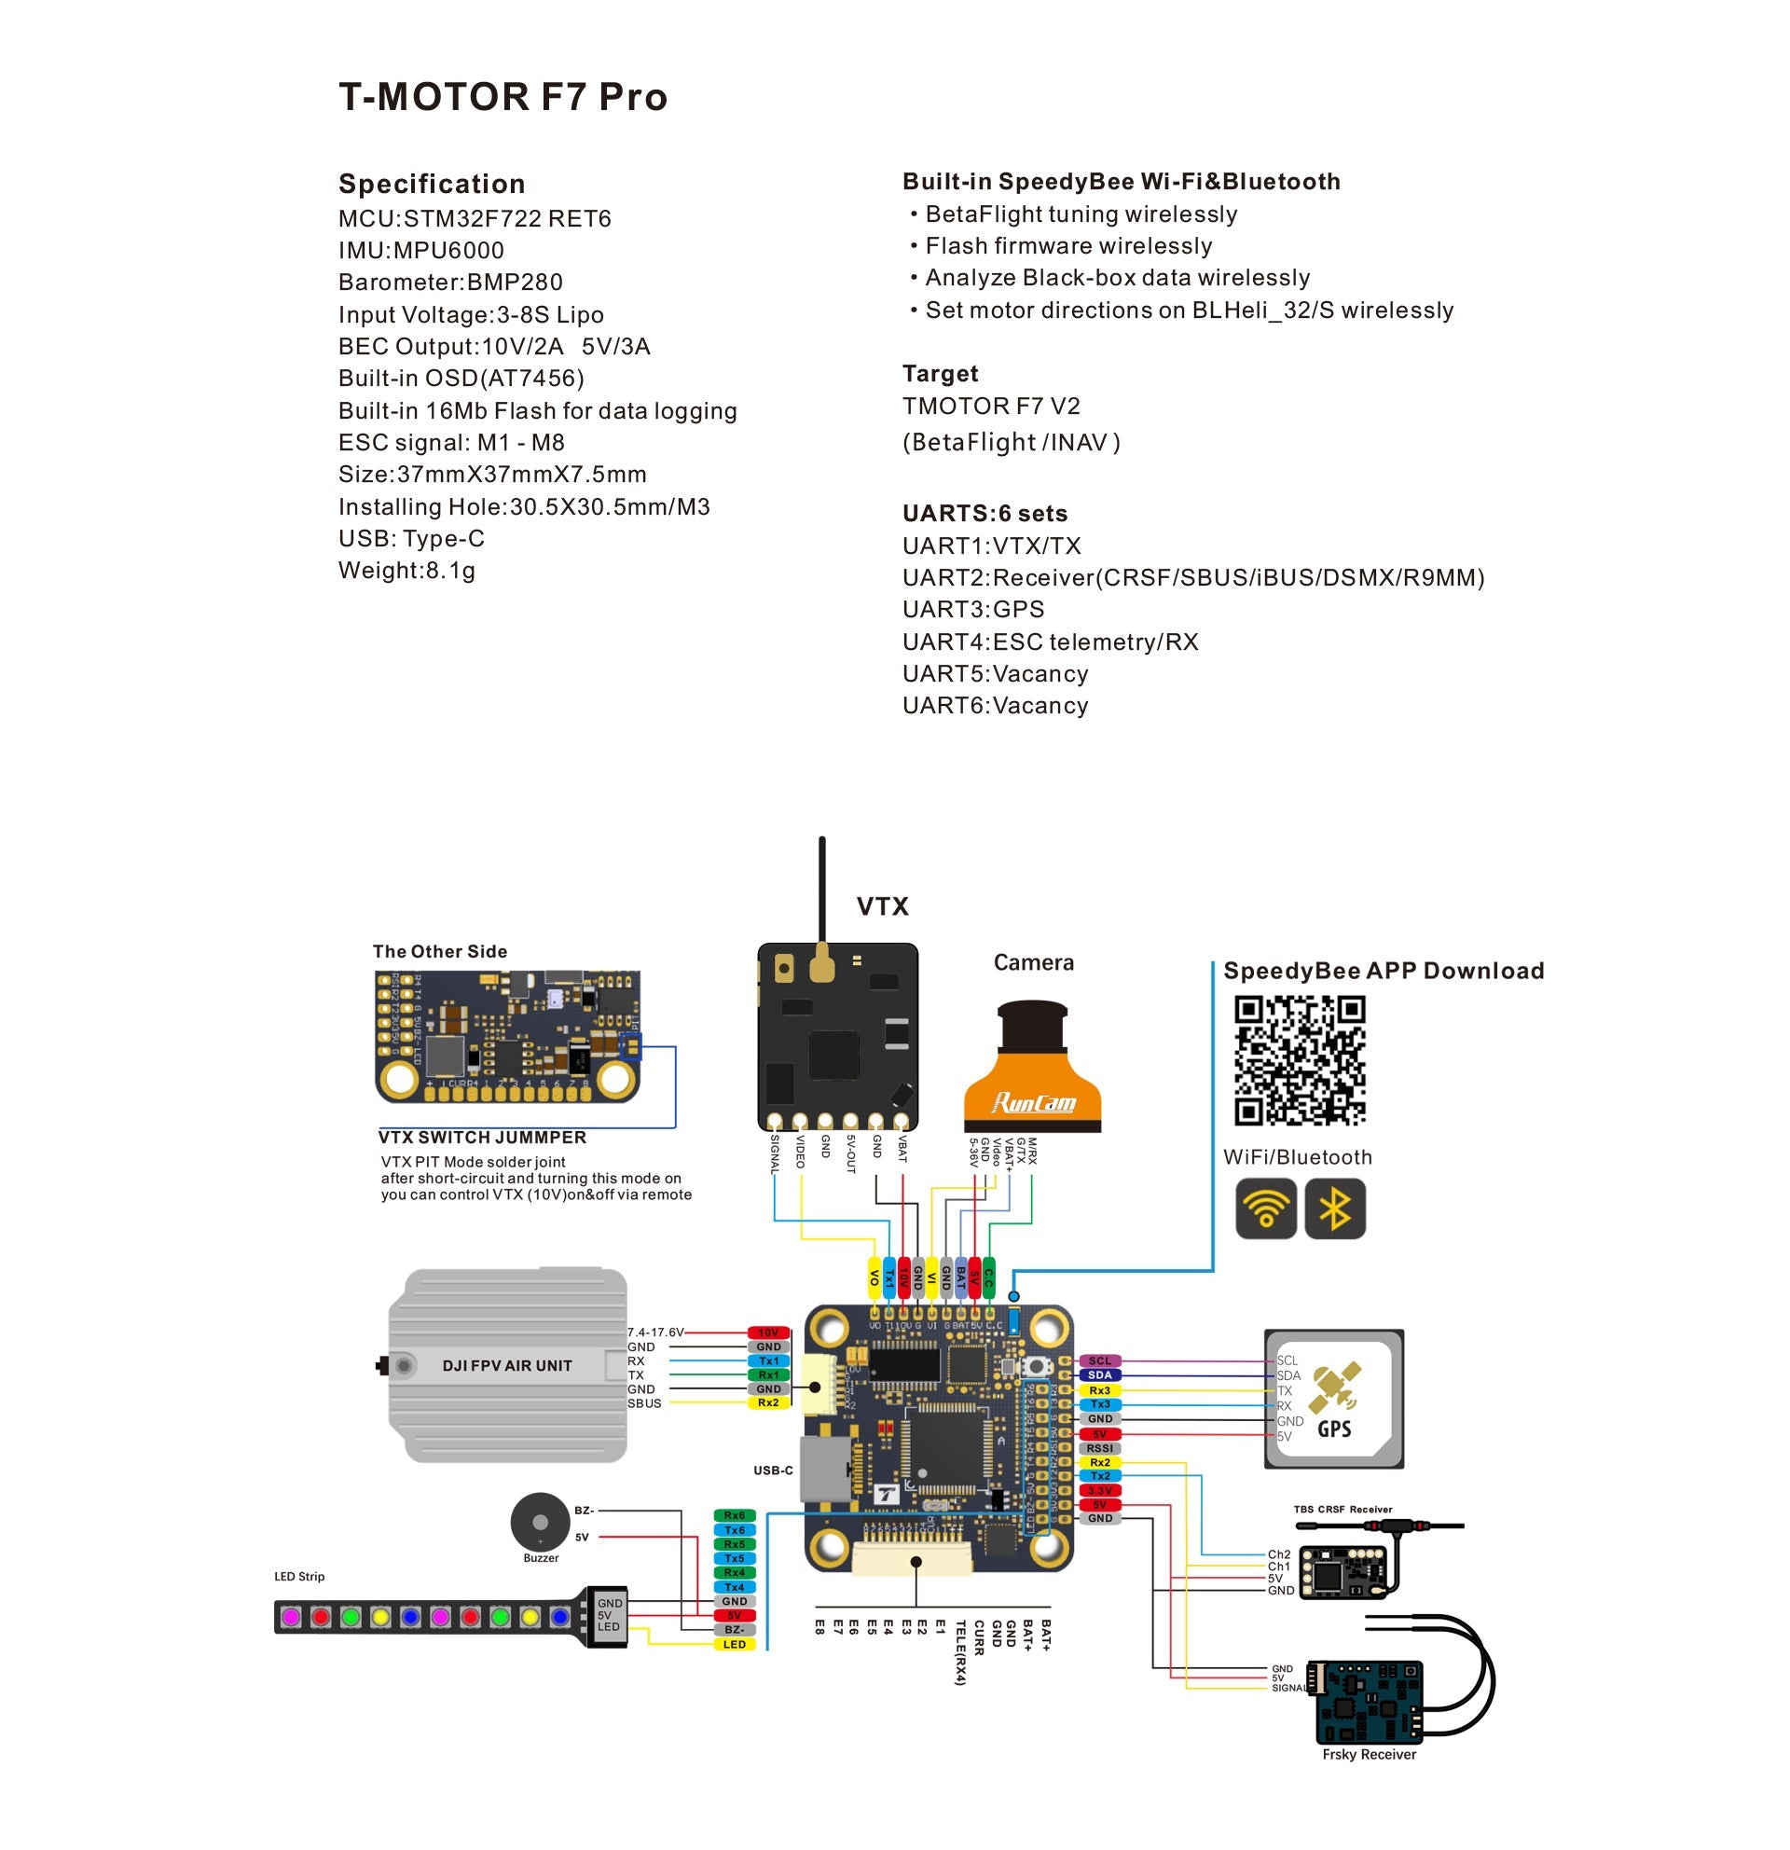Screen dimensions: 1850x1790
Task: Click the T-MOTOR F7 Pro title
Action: tap(502, 97)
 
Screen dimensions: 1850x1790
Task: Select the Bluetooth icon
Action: tap(1333, 1208)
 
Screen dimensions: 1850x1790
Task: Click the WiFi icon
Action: tap(1264, 1208)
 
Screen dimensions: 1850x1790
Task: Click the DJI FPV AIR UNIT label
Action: tap(507, 1365)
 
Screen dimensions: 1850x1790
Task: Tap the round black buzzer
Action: tap(540, 1522)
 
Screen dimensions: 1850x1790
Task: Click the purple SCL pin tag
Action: tap(1099, 1360)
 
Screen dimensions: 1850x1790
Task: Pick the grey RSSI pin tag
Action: tap(1099, 1447)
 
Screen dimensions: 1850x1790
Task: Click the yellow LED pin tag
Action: tap(733, 1644)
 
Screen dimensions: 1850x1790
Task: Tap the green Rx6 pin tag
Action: tap(733, 1515)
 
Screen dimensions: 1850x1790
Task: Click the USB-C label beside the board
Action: tap(772, 1470)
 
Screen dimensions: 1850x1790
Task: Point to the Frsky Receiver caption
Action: tap(1369, 1754)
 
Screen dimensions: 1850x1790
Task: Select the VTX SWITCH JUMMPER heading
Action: tap(482, 1138)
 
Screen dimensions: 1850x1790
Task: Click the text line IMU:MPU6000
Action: tap(420, 250)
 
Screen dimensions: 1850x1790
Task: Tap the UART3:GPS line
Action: tap(973, 609)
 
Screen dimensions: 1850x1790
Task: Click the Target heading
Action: tap(940, 373)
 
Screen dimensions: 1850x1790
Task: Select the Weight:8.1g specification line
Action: tap(406, 570)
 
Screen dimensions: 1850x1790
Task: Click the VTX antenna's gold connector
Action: tap(822, 962)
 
